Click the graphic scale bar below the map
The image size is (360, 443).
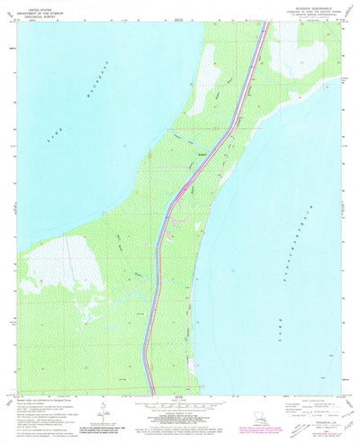(180, 407)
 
